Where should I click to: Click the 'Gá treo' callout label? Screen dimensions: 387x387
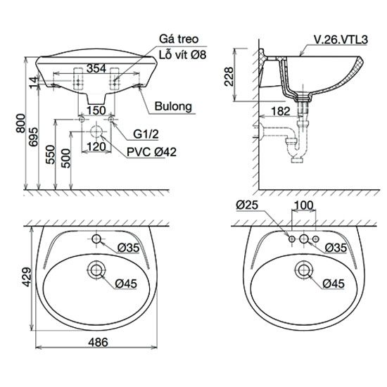tap(179, 39)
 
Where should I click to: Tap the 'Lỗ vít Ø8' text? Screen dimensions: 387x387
tap(182, 55)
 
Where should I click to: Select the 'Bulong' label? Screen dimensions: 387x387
tap(173, 106)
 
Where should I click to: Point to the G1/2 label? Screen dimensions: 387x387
tap(146, 134)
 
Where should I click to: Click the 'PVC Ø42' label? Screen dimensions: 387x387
tap(151, 152)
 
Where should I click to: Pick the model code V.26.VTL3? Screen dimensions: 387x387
tap(341, 39)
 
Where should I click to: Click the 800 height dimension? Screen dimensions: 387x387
tap(20, 123)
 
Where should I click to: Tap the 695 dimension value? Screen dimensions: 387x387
tap(34, 137)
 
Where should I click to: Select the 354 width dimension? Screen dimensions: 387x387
tap(96, 68)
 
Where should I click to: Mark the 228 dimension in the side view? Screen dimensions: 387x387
tap(229, 77)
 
